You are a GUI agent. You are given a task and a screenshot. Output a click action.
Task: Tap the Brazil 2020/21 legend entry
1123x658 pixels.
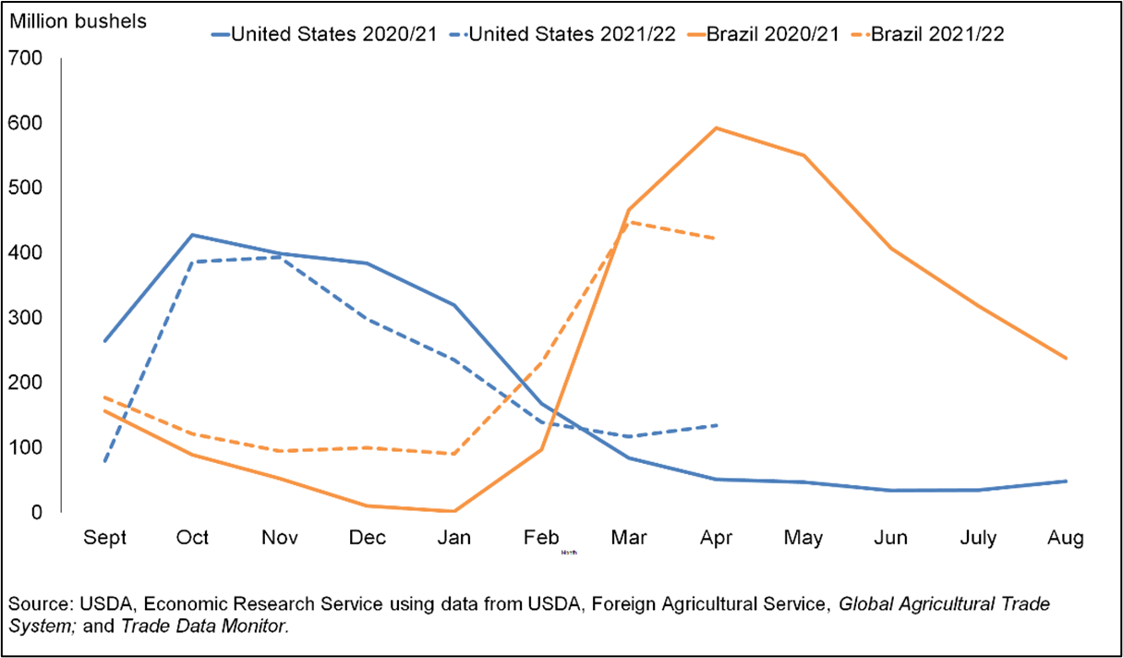click(773, 34)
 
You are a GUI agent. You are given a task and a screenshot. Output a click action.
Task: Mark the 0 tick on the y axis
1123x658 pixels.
click(38, 511)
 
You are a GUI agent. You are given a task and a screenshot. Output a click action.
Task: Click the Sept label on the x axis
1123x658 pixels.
click(104, 538)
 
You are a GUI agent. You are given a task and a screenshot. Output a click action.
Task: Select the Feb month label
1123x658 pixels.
click(540, 538)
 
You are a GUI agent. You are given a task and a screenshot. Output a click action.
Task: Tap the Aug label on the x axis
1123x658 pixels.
click(1066, 538)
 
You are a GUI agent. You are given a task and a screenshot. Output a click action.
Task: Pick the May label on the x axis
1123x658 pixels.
click(803, 538)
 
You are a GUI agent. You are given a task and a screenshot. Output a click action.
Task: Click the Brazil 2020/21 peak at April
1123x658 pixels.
click(716, 128)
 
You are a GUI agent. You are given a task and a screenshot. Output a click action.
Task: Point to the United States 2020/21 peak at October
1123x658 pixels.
click(192, 235)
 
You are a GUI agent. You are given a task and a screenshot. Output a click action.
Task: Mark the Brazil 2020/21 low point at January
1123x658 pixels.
click(453, 510)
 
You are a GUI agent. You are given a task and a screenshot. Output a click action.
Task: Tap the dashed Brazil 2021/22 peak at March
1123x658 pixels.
click(628, 222)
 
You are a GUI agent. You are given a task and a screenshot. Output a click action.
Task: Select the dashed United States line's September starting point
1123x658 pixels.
click(104, 461)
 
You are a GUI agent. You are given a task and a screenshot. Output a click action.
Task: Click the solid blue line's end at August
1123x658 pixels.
click(1066, 481)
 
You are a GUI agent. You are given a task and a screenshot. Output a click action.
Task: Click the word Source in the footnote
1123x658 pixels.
click(34, 605)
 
